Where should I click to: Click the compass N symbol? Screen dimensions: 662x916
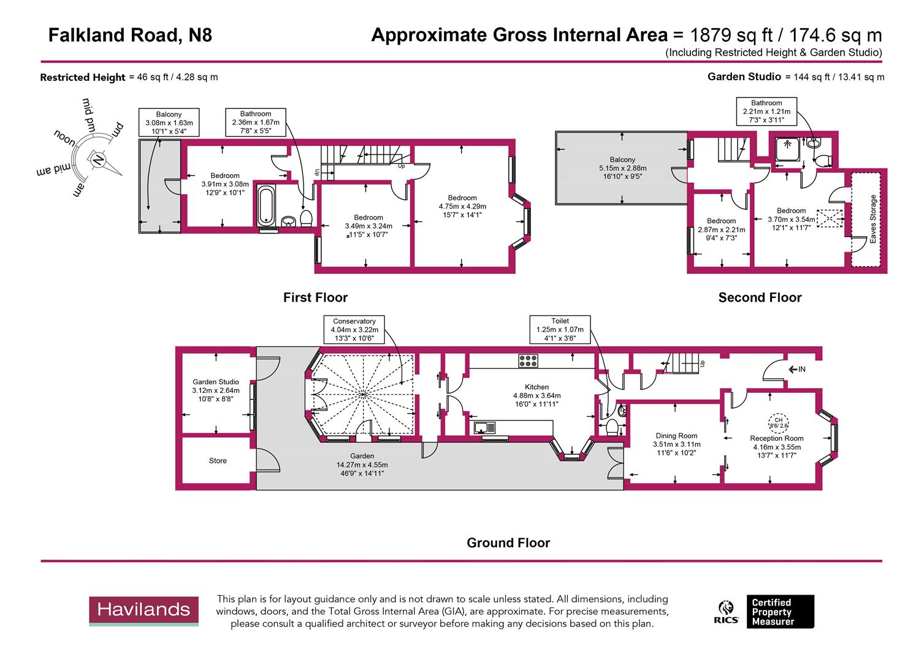97,160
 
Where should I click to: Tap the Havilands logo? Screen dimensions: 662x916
144,610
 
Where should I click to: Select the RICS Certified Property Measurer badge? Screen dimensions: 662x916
766,612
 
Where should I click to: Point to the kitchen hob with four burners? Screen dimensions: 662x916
528,361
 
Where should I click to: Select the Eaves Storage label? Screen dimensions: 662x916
873,219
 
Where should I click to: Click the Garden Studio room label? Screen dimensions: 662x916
216,382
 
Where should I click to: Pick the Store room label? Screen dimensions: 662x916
218,461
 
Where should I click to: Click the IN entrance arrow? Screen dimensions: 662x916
797,370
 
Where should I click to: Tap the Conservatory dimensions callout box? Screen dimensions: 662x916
354,330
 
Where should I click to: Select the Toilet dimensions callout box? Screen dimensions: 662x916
560,329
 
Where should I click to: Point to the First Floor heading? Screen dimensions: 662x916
315,298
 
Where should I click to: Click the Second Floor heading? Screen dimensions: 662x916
760,298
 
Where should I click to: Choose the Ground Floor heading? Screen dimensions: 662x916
508,543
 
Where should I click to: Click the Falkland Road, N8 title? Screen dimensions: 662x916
130,36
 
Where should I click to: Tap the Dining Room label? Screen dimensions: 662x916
676,436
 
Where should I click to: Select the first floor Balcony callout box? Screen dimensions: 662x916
169,123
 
